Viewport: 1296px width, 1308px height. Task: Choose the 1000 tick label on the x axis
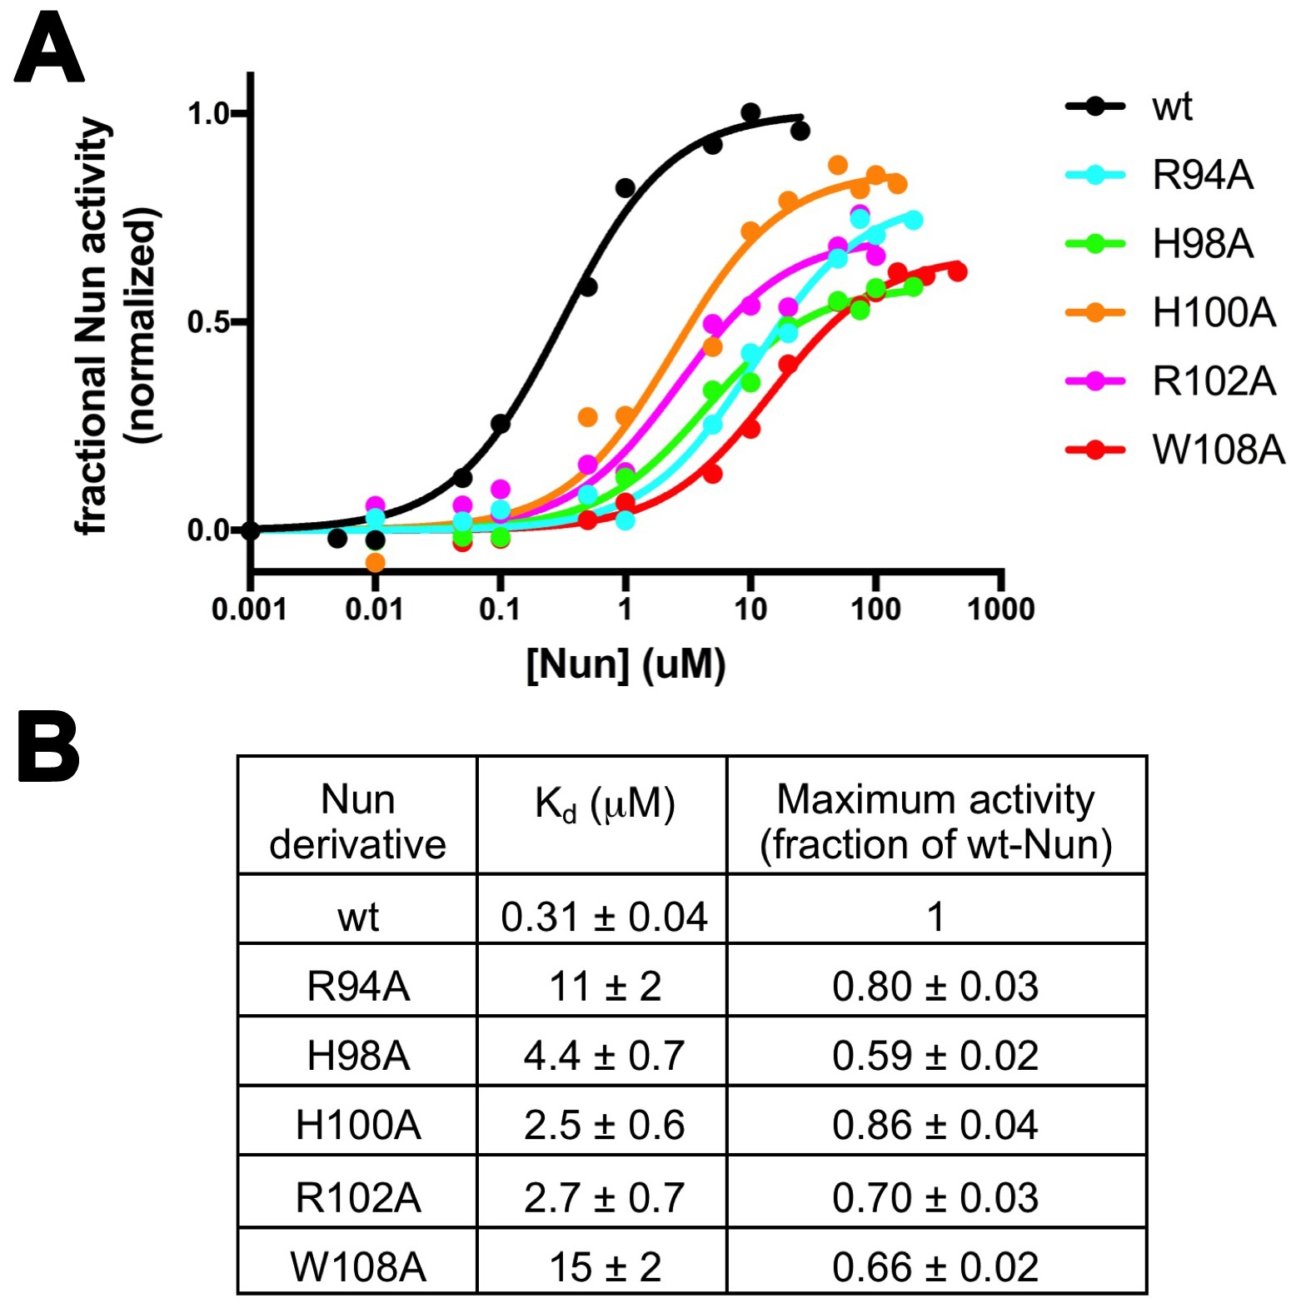coord(1000,609)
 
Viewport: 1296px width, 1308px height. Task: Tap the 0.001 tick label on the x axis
coord(249,609)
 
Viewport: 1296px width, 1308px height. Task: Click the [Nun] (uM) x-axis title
coord(626,664)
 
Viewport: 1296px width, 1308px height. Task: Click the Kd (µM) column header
coord(604,805)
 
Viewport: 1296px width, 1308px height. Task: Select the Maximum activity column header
coord(935,821)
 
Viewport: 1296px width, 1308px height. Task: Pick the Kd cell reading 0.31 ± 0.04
coord(604,917)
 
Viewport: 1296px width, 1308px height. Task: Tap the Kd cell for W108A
coord(604,1266)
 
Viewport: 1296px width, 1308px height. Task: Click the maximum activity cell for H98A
coord(935,1056)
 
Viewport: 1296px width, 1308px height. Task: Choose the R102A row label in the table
coord(358,1197)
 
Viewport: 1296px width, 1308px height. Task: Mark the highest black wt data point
coord(750,112)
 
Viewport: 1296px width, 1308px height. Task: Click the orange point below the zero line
coord(376,562)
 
